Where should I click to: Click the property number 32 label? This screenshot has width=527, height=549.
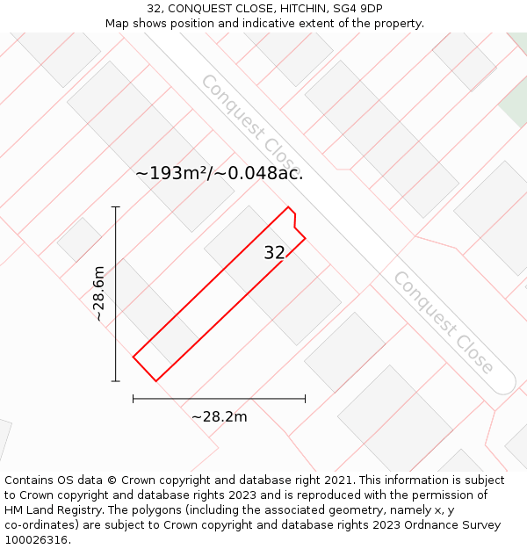tap(274, 253)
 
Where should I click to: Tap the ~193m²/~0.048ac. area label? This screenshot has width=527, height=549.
tap(220, 173)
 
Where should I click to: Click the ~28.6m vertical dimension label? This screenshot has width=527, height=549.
tap(99, 293)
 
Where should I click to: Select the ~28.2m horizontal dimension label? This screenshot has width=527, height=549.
tap(220, 416)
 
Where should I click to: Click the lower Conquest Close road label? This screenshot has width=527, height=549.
tap(443, 322)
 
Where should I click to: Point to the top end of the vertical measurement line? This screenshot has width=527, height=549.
tap(116, 207)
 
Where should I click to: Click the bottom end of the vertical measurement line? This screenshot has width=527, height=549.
tap(116, 380)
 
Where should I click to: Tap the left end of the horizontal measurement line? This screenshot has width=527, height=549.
tap(134, 399)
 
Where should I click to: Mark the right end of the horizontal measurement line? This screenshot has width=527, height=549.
tap(305, 399)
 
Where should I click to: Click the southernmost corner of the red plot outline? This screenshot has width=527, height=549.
tap(155, 380)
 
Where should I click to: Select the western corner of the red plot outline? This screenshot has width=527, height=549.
tap(134, 357)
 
